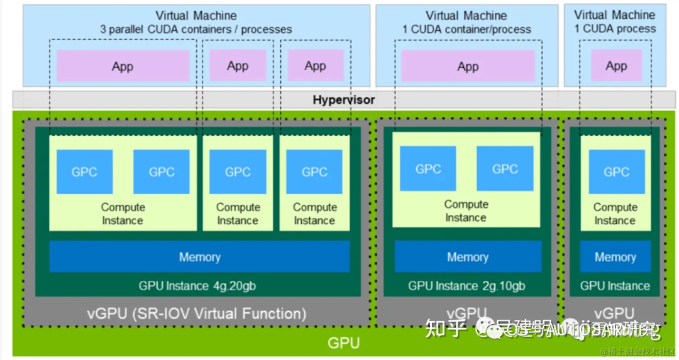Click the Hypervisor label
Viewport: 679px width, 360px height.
tap(343, 100)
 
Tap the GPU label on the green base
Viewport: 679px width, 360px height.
tap(343, 343)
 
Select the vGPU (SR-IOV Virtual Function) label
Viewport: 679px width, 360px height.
tap(197, 313)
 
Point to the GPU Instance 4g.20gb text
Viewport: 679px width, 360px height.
tap(197, 286)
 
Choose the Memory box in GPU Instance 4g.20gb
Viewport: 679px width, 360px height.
tap(199, 257)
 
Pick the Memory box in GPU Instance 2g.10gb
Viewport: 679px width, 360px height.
tap(467, 257)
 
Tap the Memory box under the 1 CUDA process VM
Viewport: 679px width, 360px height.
tap(615, 257)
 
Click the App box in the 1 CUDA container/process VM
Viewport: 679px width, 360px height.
tap(468, 67)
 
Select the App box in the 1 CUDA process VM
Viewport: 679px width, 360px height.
tap(616, 66)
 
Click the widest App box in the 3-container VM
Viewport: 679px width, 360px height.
tap(123, 67)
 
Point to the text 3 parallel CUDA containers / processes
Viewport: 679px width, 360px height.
tap(196, 30)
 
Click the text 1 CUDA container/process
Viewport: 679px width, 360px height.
tap(466, 30)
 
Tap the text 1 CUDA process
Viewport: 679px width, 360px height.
tap(614, 29)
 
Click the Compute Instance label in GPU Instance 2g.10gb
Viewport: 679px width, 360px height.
tap(466, 211)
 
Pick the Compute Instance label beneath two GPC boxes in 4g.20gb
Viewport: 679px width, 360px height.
tap(123, 214)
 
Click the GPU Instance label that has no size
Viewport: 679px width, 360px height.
tap(614, 286)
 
